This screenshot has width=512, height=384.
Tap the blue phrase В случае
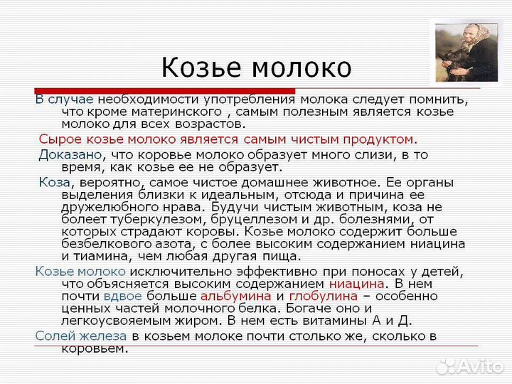tap(64, 99)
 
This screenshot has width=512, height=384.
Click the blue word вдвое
tap(122, 296)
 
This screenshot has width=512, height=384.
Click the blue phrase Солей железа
tap(81, 336)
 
